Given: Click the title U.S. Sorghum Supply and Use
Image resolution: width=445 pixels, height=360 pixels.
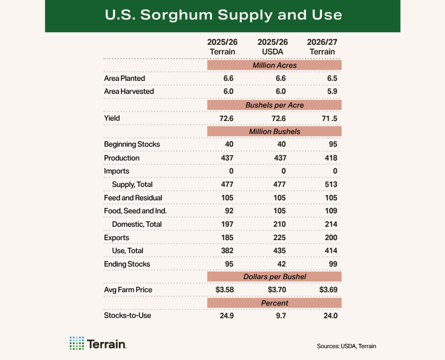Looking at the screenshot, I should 223,15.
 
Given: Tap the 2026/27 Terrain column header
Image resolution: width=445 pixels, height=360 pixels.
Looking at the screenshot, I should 322,47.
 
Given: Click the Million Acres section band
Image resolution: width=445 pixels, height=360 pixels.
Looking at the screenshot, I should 274,65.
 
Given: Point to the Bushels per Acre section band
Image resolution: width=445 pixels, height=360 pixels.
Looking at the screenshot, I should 274,105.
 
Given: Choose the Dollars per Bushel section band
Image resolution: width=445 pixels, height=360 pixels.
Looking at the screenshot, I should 274,277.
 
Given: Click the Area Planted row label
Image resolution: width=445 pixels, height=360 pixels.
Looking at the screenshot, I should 124,78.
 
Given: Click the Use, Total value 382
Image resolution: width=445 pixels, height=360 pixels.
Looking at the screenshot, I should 226,251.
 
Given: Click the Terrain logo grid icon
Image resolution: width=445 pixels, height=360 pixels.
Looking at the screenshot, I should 76,343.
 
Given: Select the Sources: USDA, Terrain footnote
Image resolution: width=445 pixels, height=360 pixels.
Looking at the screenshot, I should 346,346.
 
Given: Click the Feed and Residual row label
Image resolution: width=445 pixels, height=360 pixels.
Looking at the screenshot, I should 133,198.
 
